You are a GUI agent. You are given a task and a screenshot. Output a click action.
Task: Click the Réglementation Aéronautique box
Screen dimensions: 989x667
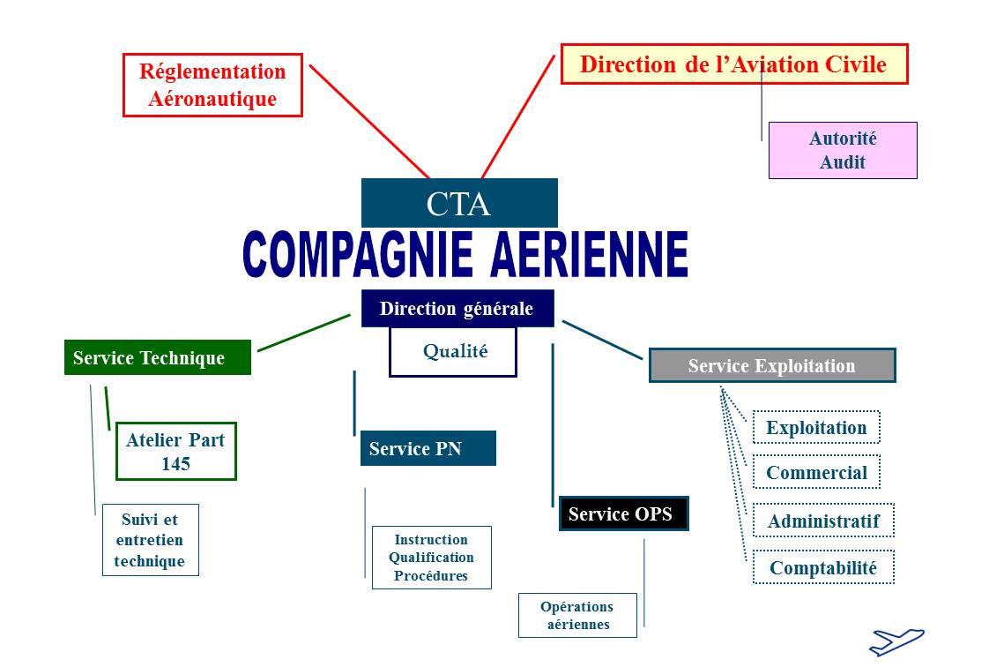pyautogui.click(x=212, y=86)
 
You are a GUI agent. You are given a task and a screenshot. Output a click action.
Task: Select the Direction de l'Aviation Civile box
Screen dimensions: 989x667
pyautogui.click(x=734, y=64)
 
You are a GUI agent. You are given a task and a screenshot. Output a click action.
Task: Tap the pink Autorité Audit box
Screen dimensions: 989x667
pyautogui.click(x=843, y=150)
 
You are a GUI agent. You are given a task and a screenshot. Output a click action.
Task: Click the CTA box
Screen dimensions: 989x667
pyautogui.click(x=459, y=203)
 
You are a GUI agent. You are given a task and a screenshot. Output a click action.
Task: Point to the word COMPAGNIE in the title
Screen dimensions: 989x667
pyautogui.click(x=358, y=254)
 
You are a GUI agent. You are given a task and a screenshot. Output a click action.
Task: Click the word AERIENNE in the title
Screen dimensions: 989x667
pyautogui.click(x=589, y=254)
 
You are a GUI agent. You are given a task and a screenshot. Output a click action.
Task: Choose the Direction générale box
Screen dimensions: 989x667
pyautogui.click(x=457, y=308)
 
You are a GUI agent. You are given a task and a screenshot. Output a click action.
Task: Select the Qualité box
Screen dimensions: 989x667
pyautogui.click(x=453, y=351)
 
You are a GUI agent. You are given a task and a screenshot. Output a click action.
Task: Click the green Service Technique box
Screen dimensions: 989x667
pyautogui.click(x=158, y=357)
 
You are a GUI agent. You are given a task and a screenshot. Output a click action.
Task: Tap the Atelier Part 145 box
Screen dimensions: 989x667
pyautogui.click(x=176, y=451)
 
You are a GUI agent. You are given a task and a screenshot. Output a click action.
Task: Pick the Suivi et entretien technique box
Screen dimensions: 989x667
pyautogui.click(x=150, y=540)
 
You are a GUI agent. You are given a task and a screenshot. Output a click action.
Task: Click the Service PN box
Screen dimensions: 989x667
pyautogui.click(x=428, y=448)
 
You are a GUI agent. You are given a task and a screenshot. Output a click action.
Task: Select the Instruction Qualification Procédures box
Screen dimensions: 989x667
pyautogui.click(x=431, y=558)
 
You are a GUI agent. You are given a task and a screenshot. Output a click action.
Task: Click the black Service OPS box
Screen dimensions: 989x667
pyautogui.click(x=623, y=513)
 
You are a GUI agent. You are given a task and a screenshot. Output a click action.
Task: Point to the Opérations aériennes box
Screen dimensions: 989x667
pyautogui.click(x=577, y=615)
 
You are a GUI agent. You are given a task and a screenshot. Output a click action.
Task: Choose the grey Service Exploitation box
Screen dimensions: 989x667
pyautogui.click(x=772, y=365)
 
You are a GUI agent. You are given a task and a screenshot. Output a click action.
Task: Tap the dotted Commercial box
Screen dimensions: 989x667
pyautogui.click(x=816, y=472)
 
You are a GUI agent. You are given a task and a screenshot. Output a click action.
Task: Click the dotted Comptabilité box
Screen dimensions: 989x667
pyautogui.click(x=823, y=567)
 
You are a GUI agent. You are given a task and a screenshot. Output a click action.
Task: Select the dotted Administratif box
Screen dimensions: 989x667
pyautogui.click(x=823, y=520)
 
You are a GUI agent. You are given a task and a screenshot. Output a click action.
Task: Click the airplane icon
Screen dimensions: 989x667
pyautogui.click(x=896, y=641)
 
